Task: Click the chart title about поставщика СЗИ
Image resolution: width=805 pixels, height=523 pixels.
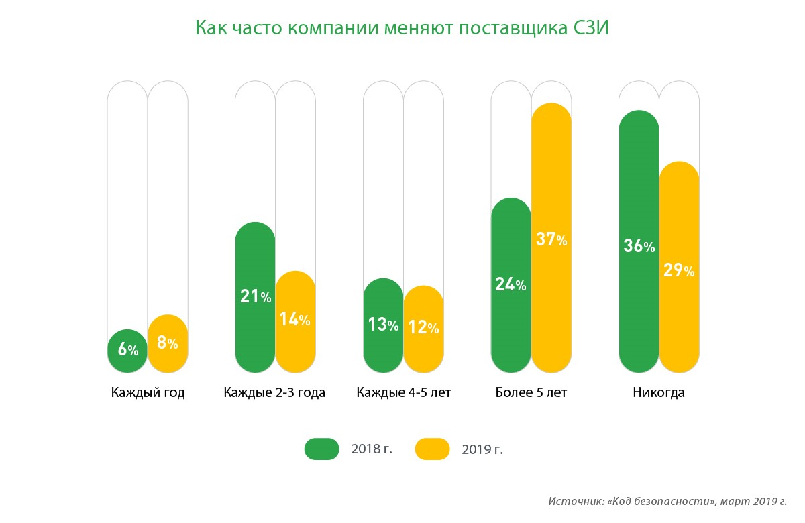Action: point(402,29)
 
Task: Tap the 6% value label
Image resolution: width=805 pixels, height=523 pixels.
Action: point(127,349)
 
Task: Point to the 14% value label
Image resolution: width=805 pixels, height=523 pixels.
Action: point(295,319)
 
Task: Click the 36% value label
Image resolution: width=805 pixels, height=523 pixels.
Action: point(639,246)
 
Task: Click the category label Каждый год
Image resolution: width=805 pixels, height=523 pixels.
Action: point(148,393)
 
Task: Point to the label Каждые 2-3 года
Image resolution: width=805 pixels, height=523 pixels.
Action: point(274,393)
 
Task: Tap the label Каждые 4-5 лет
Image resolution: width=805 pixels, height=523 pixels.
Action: point(404,393)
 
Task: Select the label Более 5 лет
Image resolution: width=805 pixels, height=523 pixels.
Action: point(531,393)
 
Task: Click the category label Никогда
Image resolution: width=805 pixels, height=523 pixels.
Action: point(659,393)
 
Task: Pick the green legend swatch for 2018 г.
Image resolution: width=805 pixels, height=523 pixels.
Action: point(321,449)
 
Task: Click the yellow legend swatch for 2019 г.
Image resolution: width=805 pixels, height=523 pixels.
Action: point(432,449)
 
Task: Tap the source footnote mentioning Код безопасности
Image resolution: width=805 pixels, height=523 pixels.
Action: point(667,502)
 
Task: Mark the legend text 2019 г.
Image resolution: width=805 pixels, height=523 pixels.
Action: point(482,449)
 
